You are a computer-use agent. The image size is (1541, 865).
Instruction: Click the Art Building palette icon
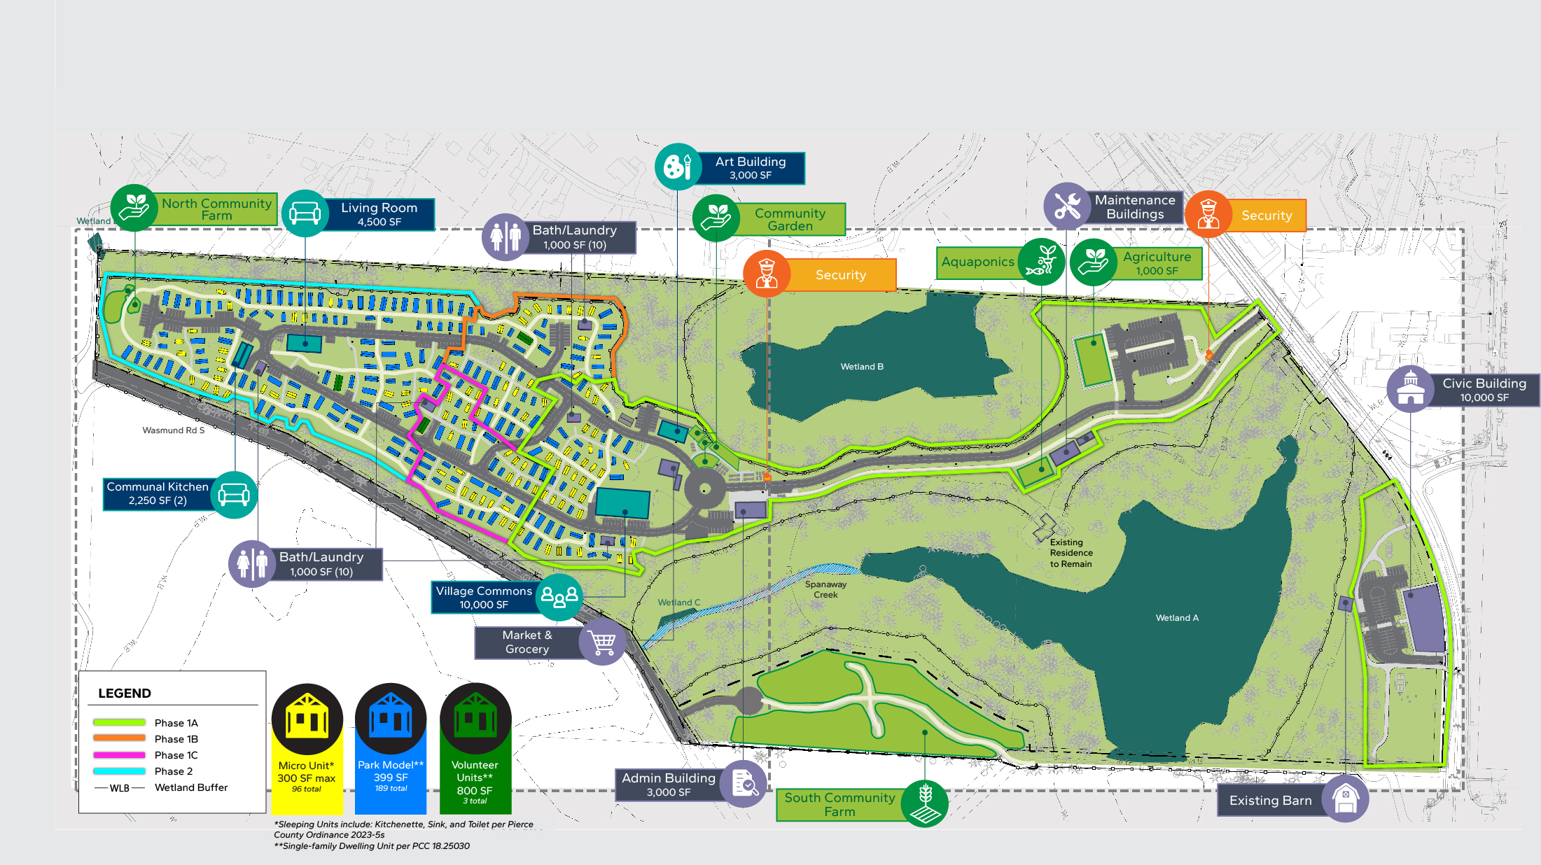[x=677, y=167]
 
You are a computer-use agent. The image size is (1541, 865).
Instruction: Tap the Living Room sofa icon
[x=305, y=213]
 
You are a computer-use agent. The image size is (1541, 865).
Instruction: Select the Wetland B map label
[x=862, y=367]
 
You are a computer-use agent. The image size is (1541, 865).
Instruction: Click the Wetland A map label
[x=1177, y=618]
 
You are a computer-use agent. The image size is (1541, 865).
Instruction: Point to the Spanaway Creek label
[x=825, y=589]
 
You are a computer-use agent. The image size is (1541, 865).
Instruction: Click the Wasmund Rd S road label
[x=174, y=430]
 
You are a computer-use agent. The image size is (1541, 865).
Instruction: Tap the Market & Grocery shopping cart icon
[x=602, y=641]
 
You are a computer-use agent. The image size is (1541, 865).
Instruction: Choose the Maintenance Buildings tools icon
[x=1067, y=206]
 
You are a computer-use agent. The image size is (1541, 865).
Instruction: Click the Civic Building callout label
[x=1483, y=390]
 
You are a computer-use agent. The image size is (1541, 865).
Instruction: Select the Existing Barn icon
[x=1345, y=799]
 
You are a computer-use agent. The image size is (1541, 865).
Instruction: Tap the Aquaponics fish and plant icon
[x=1041, y=261]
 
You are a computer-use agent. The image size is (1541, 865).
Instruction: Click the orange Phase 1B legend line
[x=119, y=738]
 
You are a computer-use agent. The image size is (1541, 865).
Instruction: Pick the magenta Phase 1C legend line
[x=119, y=755]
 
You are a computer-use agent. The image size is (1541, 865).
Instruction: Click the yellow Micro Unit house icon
[x=307, y=717]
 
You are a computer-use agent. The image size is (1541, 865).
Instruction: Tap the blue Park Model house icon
[x=391, y=717]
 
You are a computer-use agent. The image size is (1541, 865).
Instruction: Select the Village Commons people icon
[x=559, y=597]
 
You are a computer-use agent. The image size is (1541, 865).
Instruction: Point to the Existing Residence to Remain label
[x=1071, y=553]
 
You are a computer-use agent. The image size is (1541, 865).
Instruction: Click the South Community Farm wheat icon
[x=925, y=803]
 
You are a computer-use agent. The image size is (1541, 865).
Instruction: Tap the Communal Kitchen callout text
[x=158, y=493]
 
